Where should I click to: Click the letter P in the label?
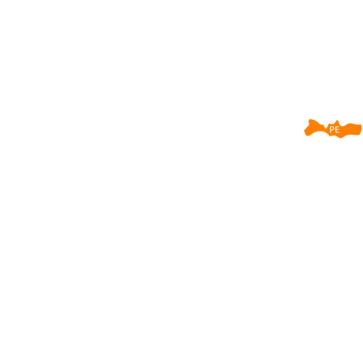tap(332, 130)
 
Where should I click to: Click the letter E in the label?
tap(337, 130)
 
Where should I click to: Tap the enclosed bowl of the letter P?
tap(333, 128)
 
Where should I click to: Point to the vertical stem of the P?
tap(331, 130)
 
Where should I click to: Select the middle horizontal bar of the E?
tap(337, 130)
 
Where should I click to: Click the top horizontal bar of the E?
tap(337, 127)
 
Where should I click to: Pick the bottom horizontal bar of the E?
tap(337, 133)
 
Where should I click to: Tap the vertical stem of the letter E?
tap(336, 130)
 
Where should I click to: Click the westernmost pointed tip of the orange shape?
tap(304, 130)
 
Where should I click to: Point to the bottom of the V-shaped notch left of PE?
tap(326, 128)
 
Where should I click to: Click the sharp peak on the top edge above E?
tap(337, 120)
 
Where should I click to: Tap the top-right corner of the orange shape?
tap(361, 124)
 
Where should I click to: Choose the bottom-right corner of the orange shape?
tap(359, 134)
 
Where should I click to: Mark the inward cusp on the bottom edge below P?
tap(330, 136)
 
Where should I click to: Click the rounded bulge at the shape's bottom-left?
tap(308, 135)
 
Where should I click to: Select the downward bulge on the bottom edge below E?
tap(340, 138)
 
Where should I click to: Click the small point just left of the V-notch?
tap(323, 124)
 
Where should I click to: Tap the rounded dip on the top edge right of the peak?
tap(342, 126)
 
